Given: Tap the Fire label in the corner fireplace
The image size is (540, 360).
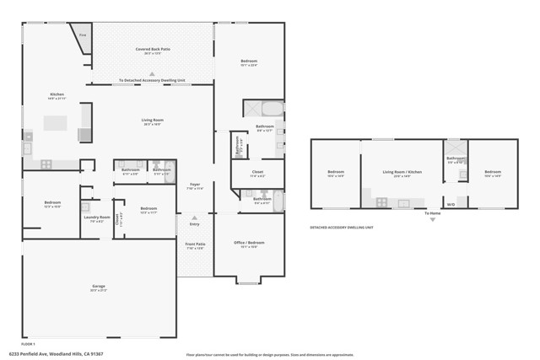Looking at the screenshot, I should click(x=83, y=35).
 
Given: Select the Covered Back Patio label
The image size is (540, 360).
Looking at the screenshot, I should click(x=152, y=51).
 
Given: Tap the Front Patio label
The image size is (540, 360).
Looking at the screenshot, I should click(x=194, y=246).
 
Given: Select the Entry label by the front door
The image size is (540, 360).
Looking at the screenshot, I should click(x=194, y=224).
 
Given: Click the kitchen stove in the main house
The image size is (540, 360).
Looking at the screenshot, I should click(x=46, y=164).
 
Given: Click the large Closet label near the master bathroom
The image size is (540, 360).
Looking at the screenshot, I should click(x=257, y=174).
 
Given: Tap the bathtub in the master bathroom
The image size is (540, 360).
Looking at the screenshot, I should click(x=272, y=109).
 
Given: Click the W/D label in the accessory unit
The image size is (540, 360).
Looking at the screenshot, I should click(x=451, y=203).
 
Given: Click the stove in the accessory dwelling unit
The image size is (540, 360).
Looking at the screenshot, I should click(x=381, y=202).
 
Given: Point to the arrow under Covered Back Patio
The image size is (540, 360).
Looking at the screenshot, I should click(x=152, y=74).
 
